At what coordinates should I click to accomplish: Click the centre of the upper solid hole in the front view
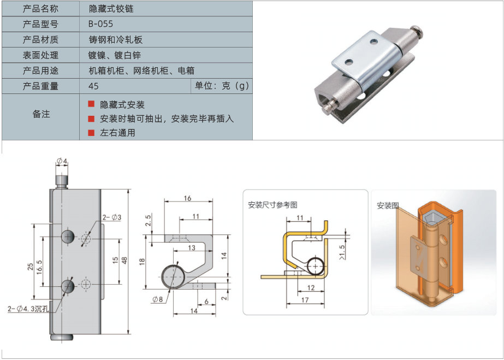point(68,237)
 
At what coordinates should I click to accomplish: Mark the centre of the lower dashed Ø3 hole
point(86,284)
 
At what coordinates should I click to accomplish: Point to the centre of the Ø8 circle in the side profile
point(174,276)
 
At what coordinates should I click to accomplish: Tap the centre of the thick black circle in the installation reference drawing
point(317,266)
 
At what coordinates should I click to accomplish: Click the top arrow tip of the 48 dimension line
point(128,190)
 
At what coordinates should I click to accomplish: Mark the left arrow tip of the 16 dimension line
point(164,201)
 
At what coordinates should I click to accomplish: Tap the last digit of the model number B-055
point(110,24)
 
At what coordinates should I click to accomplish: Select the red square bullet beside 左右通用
point(91,133)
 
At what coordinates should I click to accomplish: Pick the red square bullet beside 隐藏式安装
point(91,104)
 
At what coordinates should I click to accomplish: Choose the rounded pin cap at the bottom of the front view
point(62,337)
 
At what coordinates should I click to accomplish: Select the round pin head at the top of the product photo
point(418,32)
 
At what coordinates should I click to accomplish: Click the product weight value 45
point(93,86)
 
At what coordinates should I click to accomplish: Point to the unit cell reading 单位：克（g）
point(222,86)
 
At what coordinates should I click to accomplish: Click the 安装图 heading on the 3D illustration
point(388,206)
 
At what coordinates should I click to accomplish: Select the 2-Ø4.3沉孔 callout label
point(28,309)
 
